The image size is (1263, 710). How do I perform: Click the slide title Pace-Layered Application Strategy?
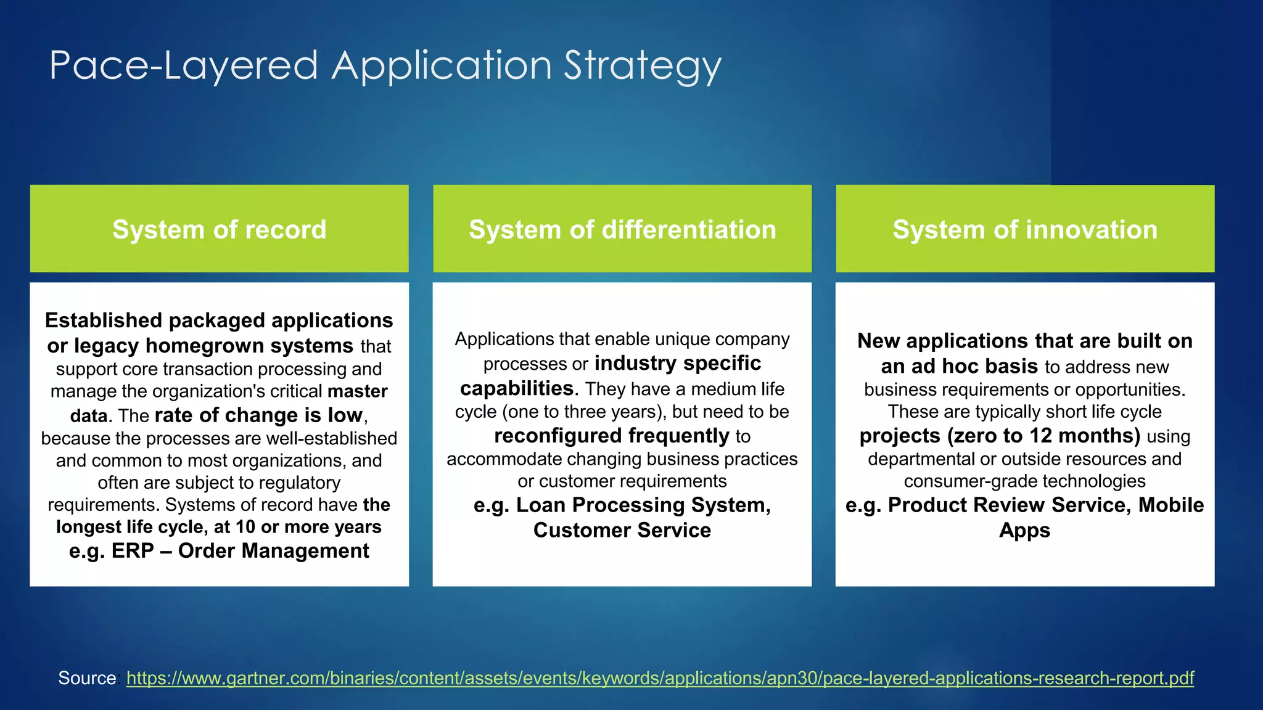tap(385, 65)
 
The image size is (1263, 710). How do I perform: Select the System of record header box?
tap(219, 229)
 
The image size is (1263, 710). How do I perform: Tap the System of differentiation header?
tap(622, 229)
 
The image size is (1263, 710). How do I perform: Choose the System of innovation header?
tap(1025, 229)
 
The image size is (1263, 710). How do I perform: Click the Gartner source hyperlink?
tap(660, 678)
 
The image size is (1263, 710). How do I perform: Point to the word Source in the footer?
tap(87, 678)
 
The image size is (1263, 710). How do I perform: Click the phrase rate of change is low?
tap(258, 415)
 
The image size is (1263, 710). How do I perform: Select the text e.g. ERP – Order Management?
tap(219, 550)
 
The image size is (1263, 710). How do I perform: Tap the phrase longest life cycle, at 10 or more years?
tap(219, 527)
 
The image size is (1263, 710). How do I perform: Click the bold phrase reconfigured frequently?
tap(612, 436)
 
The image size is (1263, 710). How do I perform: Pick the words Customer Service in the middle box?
tap(622, 530)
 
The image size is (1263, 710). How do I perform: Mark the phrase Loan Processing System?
tap(643, 505)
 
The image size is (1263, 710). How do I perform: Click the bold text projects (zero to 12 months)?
tap(1000, 436)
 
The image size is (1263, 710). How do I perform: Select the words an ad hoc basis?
tap(959, 366)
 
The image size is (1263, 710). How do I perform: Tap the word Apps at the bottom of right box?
tap(1024, 530)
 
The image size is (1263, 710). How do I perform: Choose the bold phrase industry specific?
tap(678, 363)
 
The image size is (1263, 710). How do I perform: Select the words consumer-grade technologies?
tap(1024, 481)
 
